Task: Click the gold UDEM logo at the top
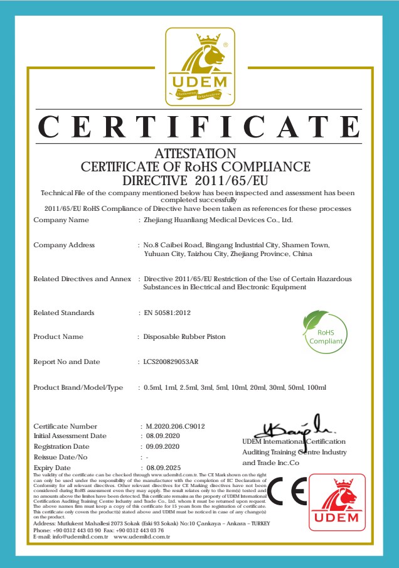pyautogui.click(x=199, y=67)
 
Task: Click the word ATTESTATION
pyautogui.click(x=196, y=153)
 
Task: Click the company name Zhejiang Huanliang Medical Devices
pyautogui.click(x=218, y=220)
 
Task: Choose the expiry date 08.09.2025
pyautogui.click(x=163, y=468)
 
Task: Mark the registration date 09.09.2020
pyautogui.click(x=163, y=446)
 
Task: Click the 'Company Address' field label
pyautogui.click(x=64, y=245)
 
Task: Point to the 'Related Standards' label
pyautogui.click(x=63, y=313)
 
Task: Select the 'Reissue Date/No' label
pyautogui.click(x=60, y=457)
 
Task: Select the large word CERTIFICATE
pyautogui.click(x=199, y=126)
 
